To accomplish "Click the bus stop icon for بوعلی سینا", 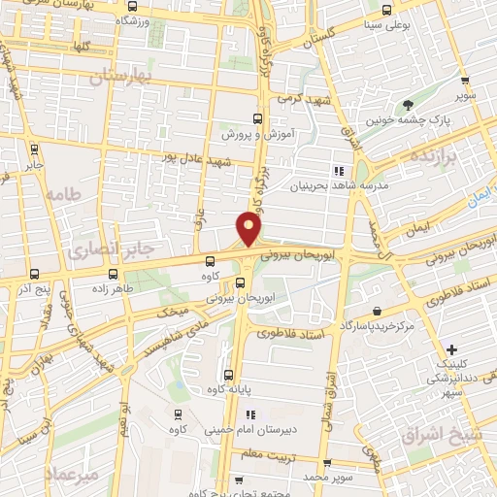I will pyautogui.click(x=387, y=10).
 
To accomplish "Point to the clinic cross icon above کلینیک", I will pyautogui.click(x=451, y=348).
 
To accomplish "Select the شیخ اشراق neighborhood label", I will pyautogui.click(x=454, y=433).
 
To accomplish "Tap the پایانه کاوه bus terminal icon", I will pyautogui.click(x=229, y=376).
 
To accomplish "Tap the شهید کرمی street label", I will pyautogui.click(x=305, y=100).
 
